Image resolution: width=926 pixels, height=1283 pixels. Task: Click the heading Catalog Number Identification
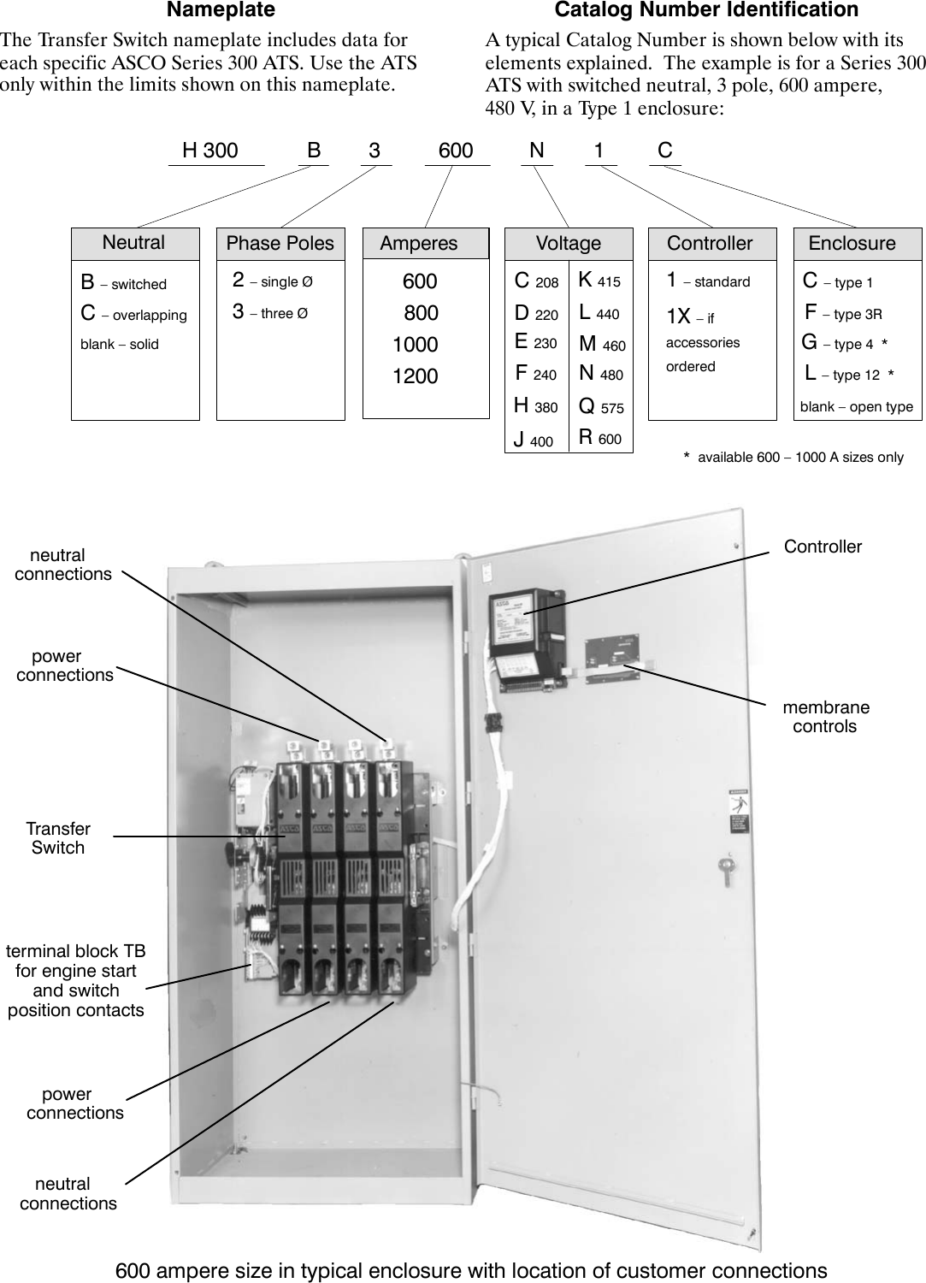pos(706,10)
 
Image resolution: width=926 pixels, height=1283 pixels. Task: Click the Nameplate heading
pos(221,10)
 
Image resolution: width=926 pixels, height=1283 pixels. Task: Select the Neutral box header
pos(134,243)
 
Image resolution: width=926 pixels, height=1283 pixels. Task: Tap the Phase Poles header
pos(280,243)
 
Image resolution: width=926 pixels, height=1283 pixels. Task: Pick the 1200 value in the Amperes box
pos(415,376)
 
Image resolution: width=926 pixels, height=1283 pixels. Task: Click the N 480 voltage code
pos(600,374)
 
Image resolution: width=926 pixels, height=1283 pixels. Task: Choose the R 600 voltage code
pos(599,438)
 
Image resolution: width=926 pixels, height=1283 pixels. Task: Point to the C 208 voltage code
pos(536,281)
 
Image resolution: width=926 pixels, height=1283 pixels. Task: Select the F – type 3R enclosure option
pos(843,314)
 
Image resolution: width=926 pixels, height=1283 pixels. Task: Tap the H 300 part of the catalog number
pos(210,151)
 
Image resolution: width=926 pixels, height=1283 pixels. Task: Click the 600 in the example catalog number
pos(456,151)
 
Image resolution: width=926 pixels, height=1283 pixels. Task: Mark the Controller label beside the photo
pos(823,547)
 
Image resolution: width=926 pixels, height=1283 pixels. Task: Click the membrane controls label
pos(825,717)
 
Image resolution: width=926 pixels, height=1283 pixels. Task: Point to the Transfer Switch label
pos(58,838)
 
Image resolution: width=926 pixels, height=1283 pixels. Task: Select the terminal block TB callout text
pos(76,980)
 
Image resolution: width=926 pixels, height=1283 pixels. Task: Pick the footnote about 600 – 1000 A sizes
pos(793,458)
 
